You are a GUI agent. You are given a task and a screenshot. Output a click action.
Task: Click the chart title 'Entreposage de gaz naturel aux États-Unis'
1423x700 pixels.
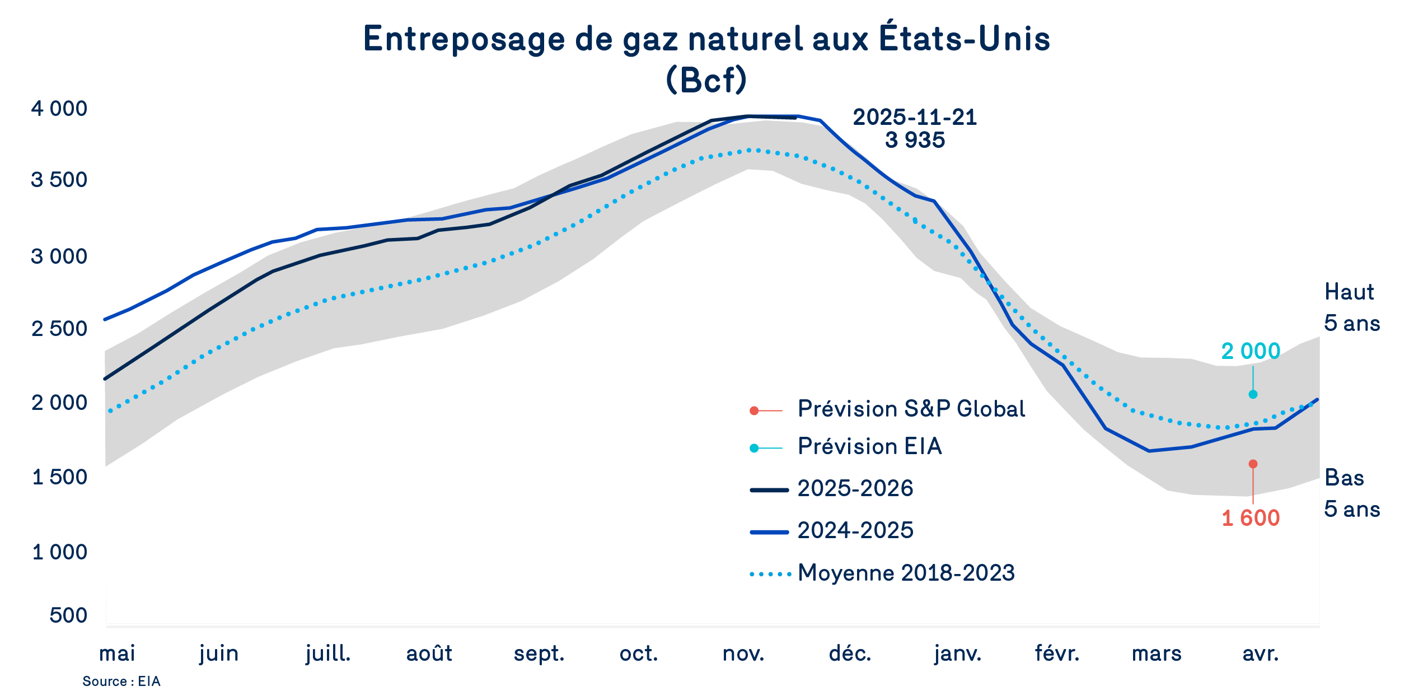(x=706, y=39)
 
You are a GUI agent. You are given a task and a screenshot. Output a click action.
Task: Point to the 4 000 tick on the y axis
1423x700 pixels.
(x=59, y=109)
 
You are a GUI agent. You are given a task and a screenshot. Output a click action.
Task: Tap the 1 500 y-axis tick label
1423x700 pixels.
(x=59, y=477)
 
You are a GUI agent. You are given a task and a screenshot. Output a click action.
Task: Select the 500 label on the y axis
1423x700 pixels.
(x=68, y=615)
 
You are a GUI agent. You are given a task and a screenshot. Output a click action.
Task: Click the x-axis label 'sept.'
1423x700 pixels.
(x=539, y=654)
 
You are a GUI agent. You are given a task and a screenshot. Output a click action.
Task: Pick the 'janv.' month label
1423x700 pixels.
(x=957, y=654)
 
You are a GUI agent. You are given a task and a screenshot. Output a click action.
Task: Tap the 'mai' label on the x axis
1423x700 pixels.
(x=117, y=654)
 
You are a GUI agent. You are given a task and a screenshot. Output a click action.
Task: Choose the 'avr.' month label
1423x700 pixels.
(x=1261, y=654)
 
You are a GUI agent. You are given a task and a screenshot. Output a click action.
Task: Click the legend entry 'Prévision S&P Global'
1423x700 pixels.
(x=911, y=409)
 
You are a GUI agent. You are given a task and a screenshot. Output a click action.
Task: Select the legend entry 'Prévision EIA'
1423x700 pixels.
(x=869, y=446)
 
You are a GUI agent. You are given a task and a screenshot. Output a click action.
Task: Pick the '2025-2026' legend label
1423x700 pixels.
(x=855, y=488)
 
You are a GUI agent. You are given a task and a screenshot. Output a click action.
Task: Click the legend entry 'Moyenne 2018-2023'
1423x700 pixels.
(x=906, y=573)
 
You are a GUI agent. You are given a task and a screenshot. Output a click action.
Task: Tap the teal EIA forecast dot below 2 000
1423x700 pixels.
(x=1253, y=394)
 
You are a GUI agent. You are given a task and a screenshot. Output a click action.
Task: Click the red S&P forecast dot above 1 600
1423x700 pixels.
(x=1253, y=464)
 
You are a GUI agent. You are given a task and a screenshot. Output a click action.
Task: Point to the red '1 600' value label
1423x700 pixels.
(x=1251, y=518)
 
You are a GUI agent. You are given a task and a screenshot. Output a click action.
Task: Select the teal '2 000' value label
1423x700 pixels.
(x=1251, y=351)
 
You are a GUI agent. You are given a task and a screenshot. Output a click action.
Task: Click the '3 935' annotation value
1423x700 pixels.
(x=915, y=140)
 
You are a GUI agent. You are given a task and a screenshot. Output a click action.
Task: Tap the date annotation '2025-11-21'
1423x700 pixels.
(x=915, y=118)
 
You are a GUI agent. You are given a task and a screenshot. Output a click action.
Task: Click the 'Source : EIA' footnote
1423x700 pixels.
(x=121, y=682)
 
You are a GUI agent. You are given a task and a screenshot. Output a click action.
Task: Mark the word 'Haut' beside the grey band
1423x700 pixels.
(x=1349, y=292)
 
